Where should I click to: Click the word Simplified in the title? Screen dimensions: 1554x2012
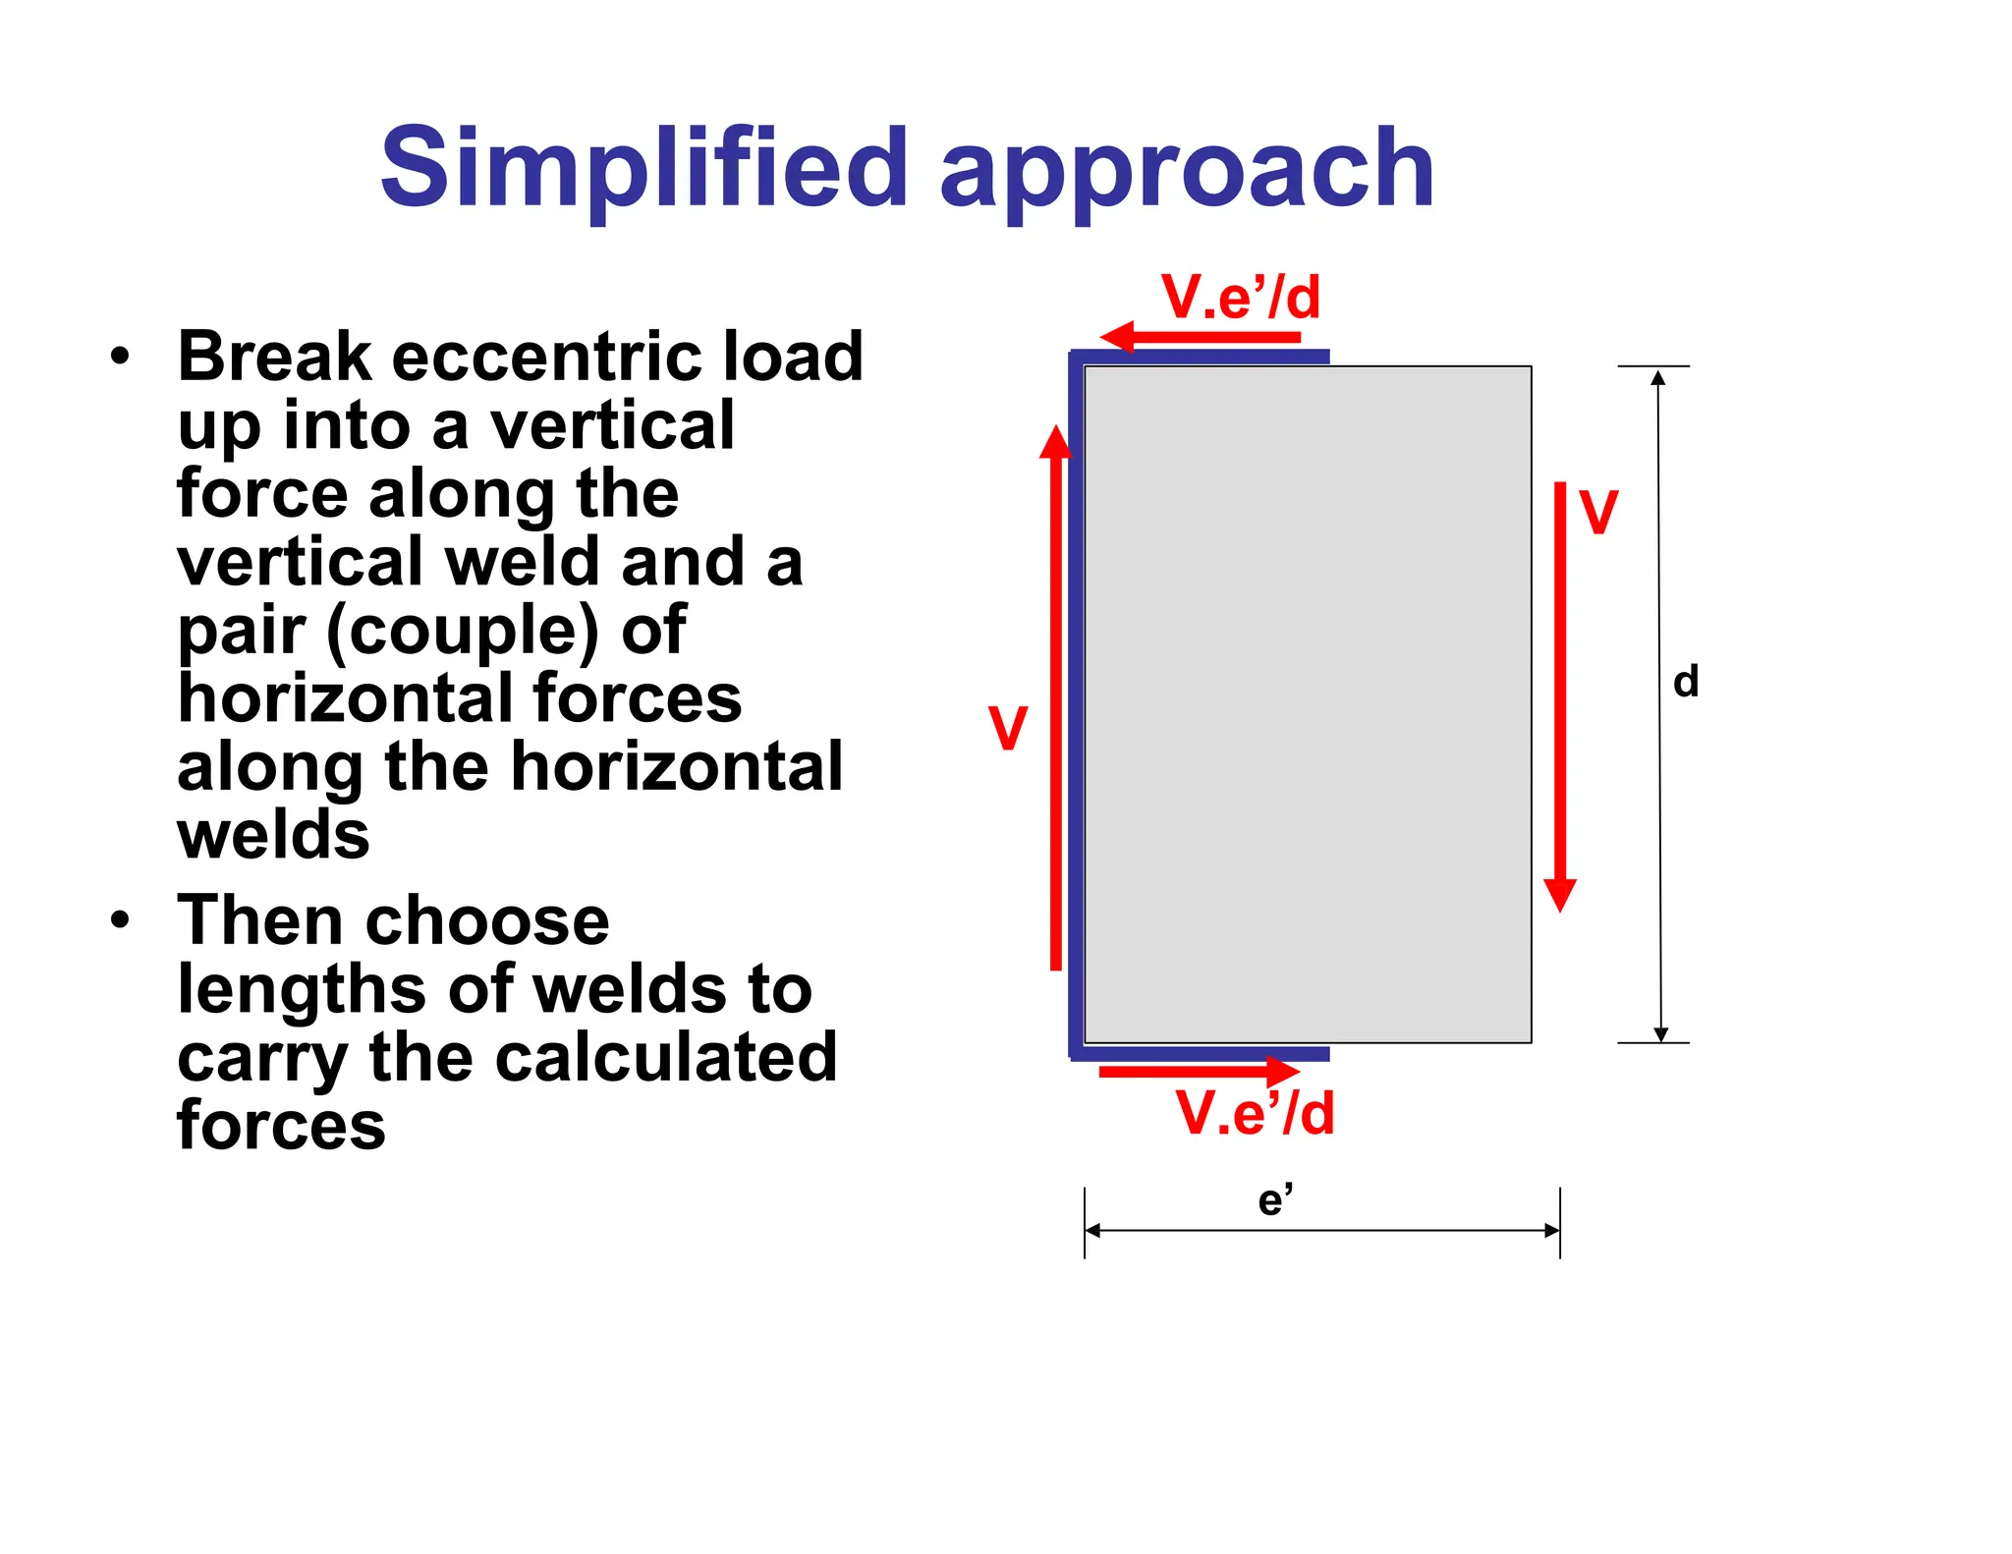[x=643, y=169]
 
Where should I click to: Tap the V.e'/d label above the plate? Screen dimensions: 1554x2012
[x=1240, y=297]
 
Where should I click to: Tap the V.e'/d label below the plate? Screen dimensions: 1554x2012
[x=1255, y=1113]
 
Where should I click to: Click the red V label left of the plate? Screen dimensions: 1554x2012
[x=1008, y=728]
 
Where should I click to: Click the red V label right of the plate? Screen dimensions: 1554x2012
[x=1598, y=512]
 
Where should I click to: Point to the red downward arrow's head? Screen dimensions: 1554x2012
[x=1560, y=893]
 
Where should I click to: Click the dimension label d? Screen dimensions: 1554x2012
[x=1686, y=681]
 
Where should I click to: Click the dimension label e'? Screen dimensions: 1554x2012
[x=1275, y=1200]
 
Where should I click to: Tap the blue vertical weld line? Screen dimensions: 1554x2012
[x=1076, y=702]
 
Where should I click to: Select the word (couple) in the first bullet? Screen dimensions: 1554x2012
[x=462, y=631]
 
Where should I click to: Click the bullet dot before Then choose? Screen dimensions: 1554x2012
[x=120, y=920]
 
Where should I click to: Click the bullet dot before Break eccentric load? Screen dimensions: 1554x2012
[x=120, y=356]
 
